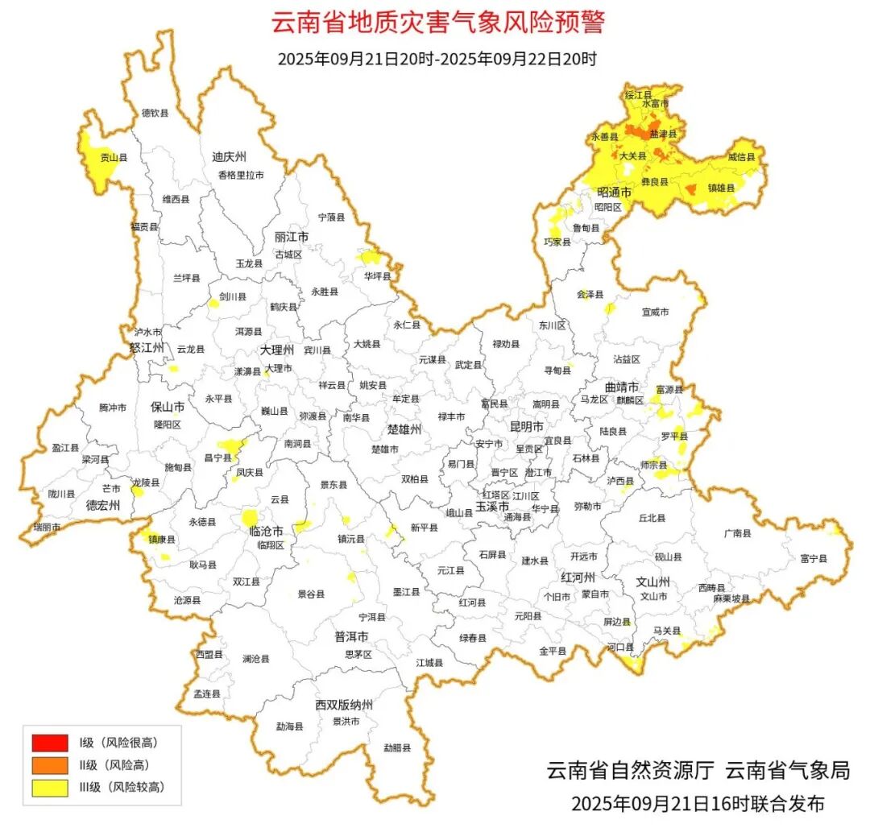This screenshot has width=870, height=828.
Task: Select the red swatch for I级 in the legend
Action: (49, 742)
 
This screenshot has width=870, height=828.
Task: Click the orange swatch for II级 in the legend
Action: (49, 764)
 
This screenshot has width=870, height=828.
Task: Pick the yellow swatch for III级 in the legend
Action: (49, 787)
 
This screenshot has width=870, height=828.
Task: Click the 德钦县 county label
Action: (155, 114)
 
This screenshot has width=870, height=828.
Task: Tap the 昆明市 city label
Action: (527, 425)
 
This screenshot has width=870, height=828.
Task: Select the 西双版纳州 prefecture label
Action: (344, 705)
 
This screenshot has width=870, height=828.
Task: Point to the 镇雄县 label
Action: (721, 188)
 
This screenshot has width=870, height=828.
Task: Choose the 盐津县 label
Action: (663, 133)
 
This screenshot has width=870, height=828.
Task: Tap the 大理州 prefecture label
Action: (278, 350)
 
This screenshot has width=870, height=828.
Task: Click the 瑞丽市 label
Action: (47, 527)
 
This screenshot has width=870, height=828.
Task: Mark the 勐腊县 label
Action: (396, 747)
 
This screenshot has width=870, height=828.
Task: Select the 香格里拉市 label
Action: (240, 175)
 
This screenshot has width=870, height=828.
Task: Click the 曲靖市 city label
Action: (622, 386)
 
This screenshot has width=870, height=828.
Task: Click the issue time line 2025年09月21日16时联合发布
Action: (698, 803)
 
